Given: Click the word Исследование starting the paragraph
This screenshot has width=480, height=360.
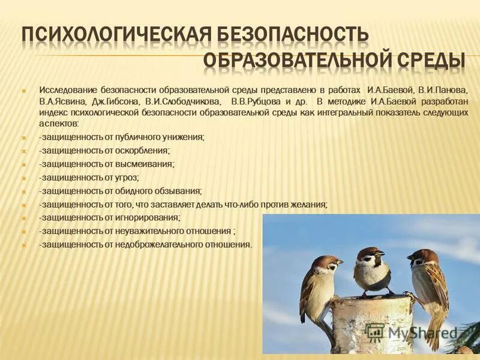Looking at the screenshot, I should pyautogui.click(x=63, y=89).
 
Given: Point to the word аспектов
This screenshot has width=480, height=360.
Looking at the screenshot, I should pyautogui.click(x=58, y=123).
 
